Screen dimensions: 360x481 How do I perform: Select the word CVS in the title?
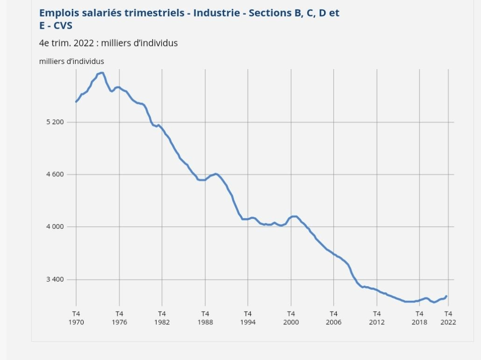[63, 25]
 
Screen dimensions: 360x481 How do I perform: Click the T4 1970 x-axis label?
[76, 318]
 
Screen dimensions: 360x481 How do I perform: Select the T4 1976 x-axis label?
[119, 318]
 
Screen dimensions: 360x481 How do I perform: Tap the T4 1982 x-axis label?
[162, 318]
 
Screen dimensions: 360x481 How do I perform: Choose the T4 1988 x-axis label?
[205, 318]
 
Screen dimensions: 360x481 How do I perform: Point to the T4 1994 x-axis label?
[248, 318]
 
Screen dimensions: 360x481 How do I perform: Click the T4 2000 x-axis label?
[291, 318]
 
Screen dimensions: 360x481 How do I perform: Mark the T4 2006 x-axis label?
[334, 318]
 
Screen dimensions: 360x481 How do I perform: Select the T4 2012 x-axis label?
[377, 318]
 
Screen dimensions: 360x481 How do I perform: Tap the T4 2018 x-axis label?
[420, 318]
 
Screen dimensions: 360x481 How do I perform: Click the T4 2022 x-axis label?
[449, 318]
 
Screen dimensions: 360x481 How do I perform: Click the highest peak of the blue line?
[101, 73]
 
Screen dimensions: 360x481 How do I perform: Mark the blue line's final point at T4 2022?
[446, 296]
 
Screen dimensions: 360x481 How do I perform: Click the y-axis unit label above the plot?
[71, 61]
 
